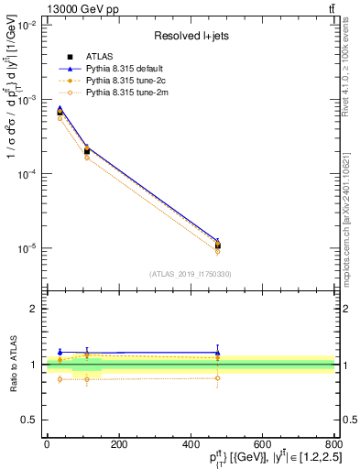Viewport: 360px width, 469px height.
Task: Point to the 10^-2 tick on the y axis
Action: click(29, 25)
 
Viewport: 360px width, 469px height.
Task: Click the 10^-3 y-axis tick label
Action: click(29, 99)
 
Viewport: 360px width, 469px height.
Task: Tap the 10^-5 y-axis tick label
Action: click(29, 248)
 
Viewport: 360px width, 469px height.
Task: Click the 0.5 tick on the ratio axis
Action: click(31, 420)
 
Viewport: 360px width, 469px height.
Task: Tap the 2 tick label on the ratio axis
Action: click(35, 309)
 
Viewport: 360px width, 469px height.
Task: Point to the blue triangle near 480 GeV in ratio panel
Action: click(217, 353)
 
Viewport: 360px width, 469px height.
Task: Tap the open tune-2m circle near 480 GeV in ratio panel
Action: click(217, 377)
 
